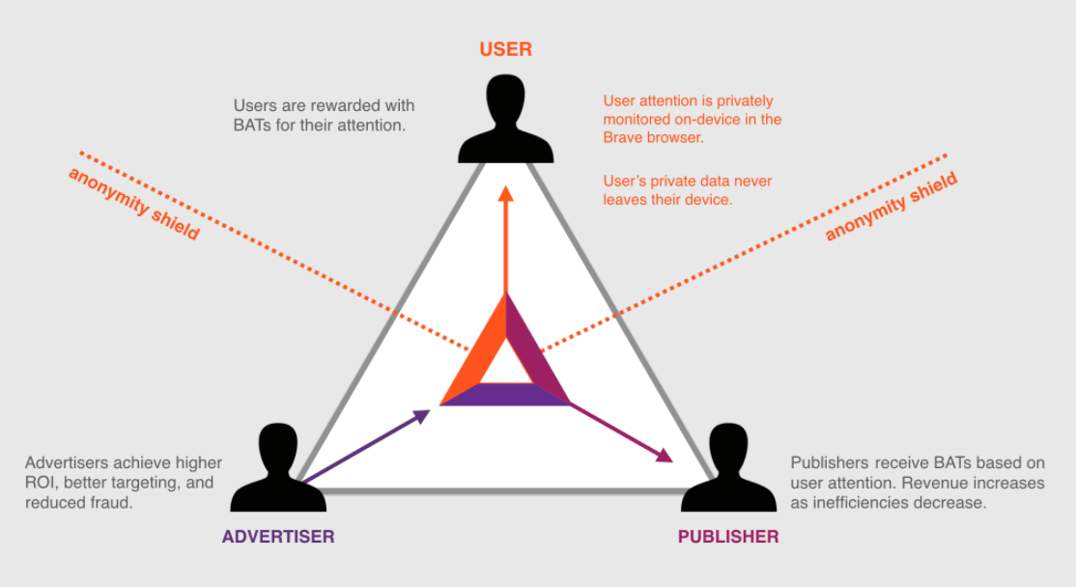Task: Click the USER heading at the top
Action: [505, 49]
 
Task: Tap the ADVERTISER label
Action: [278, 537]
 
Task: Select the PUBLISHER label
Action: [728, 537]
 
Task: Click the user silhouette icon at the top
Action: [505, 120]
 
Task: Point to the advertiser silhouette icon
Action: [278, 470]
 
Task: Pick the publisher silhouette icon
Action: [728, 470]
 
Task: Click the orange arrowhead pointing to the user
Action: [505, 192]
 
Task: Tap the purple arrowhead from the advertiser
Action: [421, 416]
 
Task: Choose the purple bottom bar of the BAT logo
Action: [505, 394]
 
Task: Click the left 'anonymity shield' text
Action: [133, 204]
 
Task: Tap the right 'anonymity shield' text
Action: [891, 206]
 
